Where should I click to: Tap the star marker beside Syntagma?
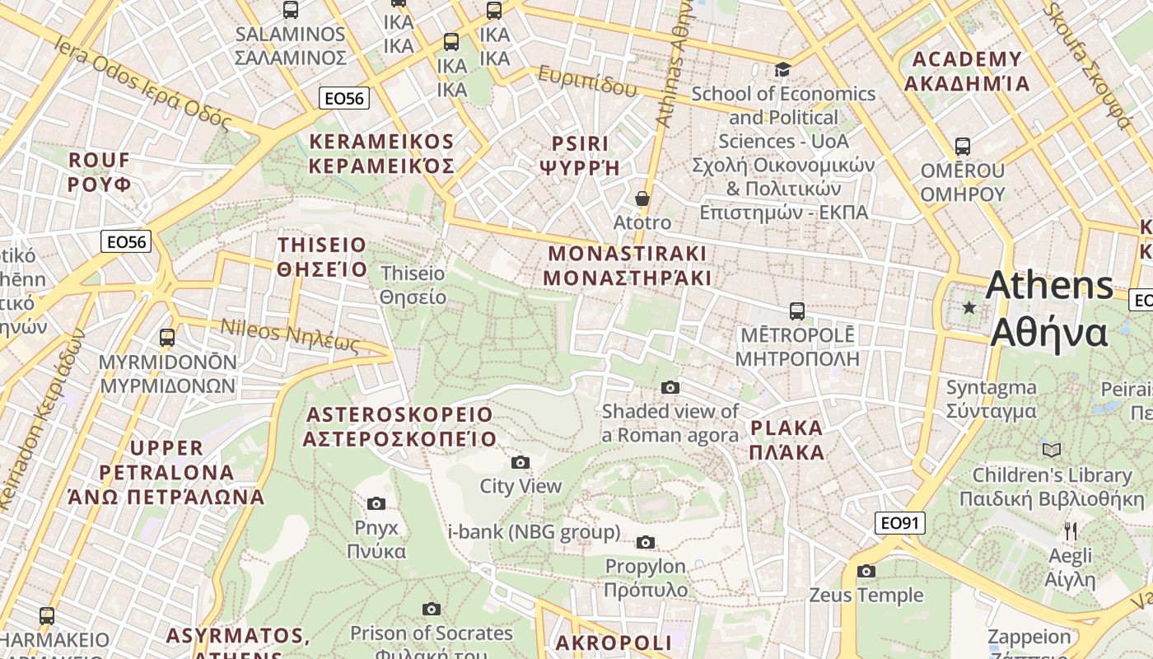[969, 308]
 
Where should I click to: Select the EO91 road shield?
[899, 523]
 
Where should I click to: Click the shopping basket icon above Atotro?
[642, 199]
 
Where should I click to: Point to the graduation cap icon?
[782, 70]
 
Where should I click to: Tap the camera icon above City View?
[520, 462]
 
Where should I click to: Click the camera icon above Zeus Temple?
[866, 571]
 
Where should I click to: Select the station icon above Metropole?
[796, 311]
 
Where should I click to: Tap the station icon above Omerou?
[962, 147]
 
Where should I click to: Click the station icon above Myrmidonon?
[167, 338]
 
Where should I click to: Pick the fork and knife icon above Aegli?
[1070, 531]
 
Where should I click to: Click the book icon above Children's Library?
[1052, 451]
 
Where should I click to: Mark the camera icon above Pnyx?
[376, 503]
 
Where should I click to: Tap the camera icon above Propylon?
[646, 542]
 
